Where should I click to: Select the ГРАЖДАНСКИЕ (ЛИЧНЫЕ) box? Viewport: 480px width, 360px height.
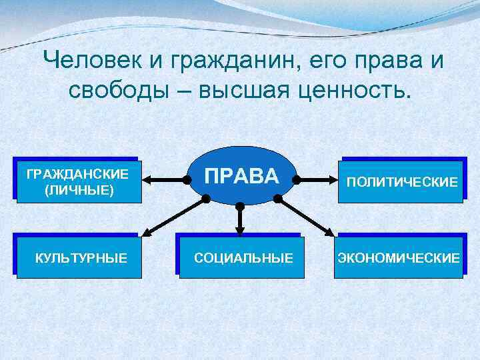(x=78, y=181)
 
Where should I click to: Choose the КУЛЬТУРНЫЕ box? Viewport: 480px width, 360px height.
(x=80, y=257)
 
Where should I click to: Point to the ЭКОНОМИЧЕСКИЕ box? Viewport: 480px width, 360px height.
(x=399, y=257)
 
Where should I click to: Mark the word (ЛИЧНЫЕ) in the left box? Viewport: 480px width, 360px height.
(x=78, y=191)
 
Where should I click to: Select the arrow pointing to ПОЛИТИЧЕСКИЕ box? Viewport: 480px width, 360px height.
(x=318, y=179)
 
